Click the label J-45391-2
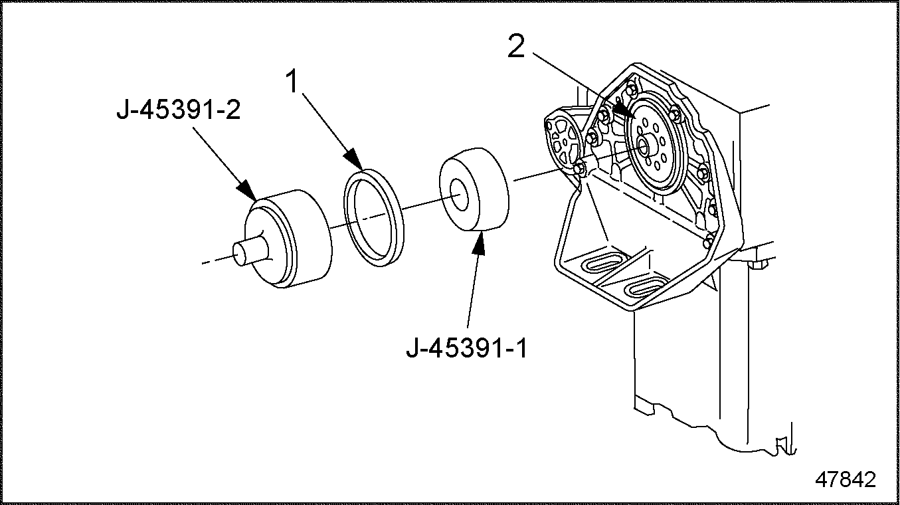[x=179, y=110]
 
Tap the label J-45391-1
[x=466, y=348]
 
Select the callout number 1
[x=293, y=81]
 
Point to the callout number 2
[x=516, y=46]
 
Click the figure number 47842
[x=846, y=479]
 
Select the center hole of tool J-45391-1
[x=458, y=194]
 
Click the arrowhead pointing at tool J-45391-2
[x=246, y=190]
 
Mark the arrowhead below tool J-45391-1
[x=478, y=243]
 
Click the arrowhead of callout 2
[x=624, y=110]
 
